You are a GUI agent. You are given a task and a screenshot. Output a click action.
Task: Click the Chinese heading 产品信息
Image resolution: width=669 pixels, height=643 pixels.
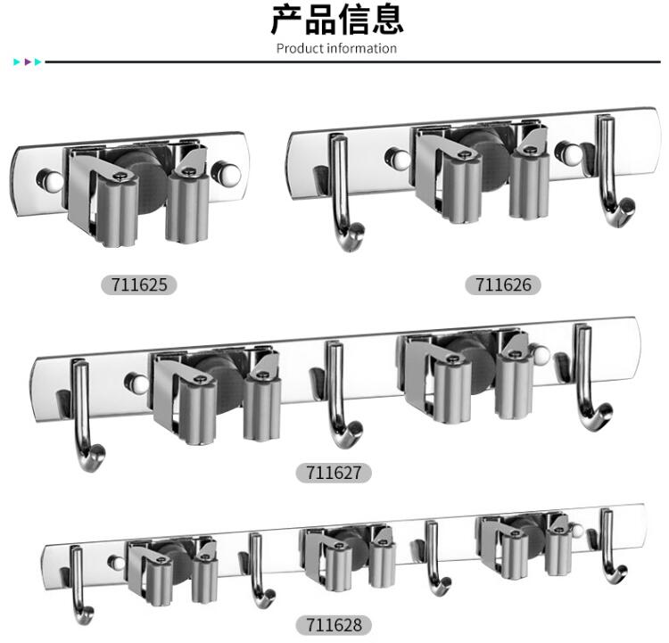pos(336,20)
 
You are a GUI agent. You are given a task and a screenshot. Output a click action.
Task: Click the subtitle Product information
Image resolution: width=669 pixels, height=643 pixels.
pos(336,49)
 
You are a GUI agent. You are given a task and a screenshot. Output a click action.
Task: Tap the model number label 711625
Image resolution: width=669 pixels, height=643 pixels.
pos(139,284)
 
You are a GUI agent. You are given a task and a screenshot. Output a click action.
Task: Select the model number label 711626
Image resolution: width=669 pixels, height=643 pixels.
pos(503,284)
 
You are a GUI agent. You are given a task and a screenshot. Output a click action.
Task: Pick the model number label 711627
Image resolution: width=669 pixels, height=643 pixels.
pos(334,473)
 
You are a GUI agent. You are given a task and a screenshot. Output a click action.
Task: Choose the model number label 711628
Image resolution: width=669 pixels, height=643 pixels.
pos(334,625)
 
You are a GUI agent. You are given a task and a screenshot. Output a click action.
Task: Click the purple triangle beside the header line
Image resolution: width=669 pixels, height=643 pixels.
pos(28,62)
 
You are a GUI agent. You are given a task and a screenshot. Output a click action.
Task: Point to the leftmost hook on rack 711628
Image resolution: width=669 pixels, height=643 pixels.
pos(78,584)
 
